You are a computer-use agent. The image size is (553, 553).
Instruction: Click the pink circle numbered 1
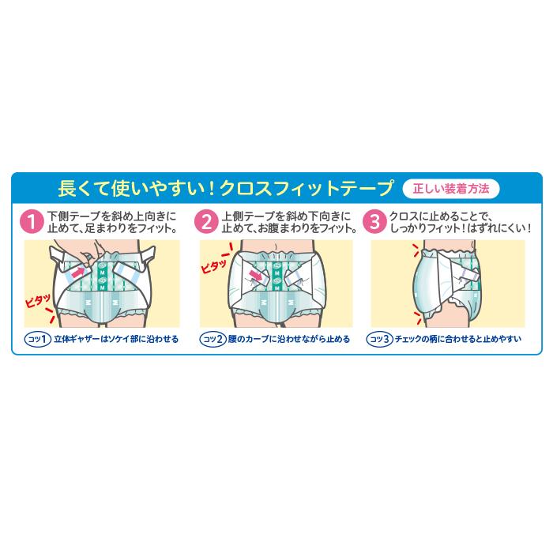click(32, 221)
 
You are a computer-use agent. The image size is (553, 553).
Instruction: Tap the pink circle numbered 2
click(207, 221)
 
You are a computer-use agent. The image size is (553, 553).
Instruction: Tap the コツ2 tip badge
click(213, 339)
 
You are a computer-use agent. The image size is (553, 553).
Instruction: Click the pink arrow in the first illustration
click(77, 273)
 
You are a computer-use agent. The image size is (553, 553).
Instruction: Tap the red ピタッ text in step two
click(213, 264)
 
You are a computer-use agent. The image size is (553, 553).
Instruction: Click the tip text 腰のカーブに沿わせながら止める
click(289, 339)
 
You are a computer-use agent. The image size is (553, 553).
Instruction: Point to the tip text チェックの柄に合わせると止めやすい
click(461, 339)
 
